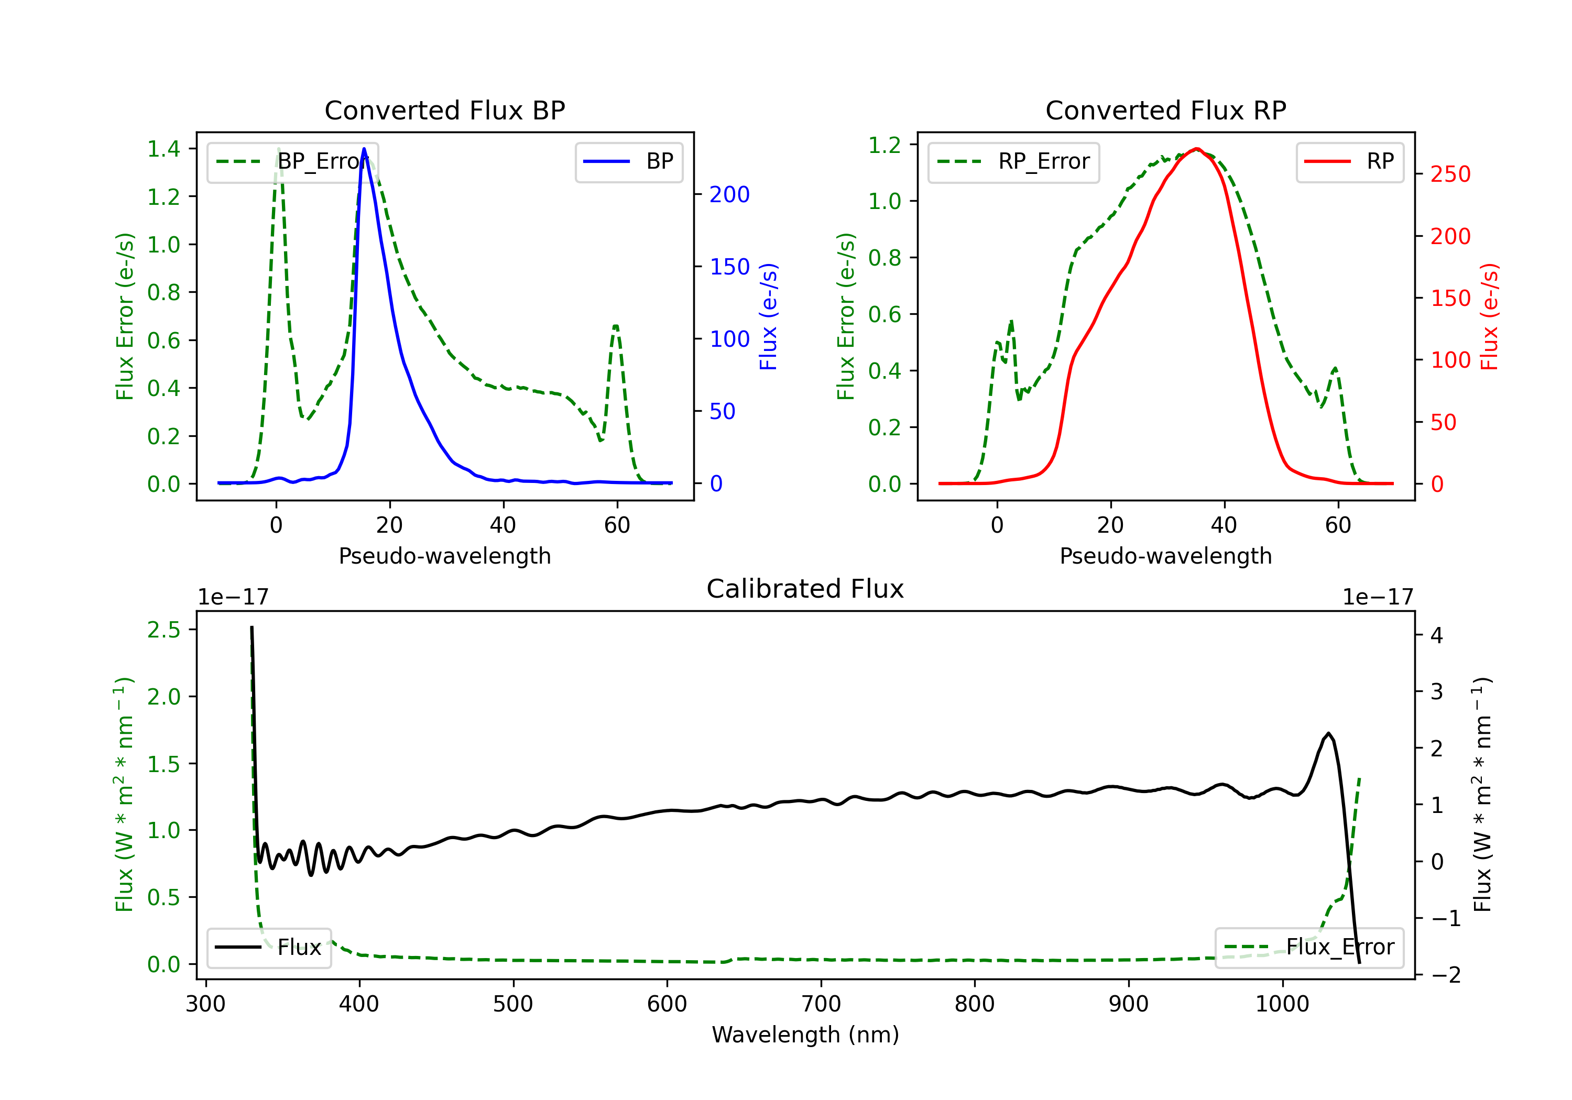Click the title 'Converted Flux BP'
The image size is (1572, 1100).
pyautogui.click(x=444, y=110)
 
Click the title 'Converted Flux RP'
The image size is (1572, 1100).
pyautogui.click(x=1165, y=110)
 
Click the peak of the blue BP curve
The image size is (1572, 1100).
pyautogui.click(x=364, y=149)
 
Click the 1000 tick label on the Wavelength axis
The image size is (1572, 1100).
pyautogui.click(x=1282, y=1004)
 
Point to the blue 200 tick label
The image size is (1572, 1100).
pyautogui.click(x=729, y=194)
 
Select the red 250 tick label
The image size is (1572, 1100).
pyautogui.click(x=1450, y=174)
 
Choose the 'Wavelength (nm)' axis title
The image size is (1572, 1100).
pyautogui.click(x=805, y=1035)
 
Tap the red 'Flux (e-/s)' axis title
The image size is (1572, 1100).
pyautogui.click(x=1489, y=316)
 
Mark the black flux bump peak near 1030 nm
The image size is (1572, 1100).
pyautogui.click(x=1328, y=734)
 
